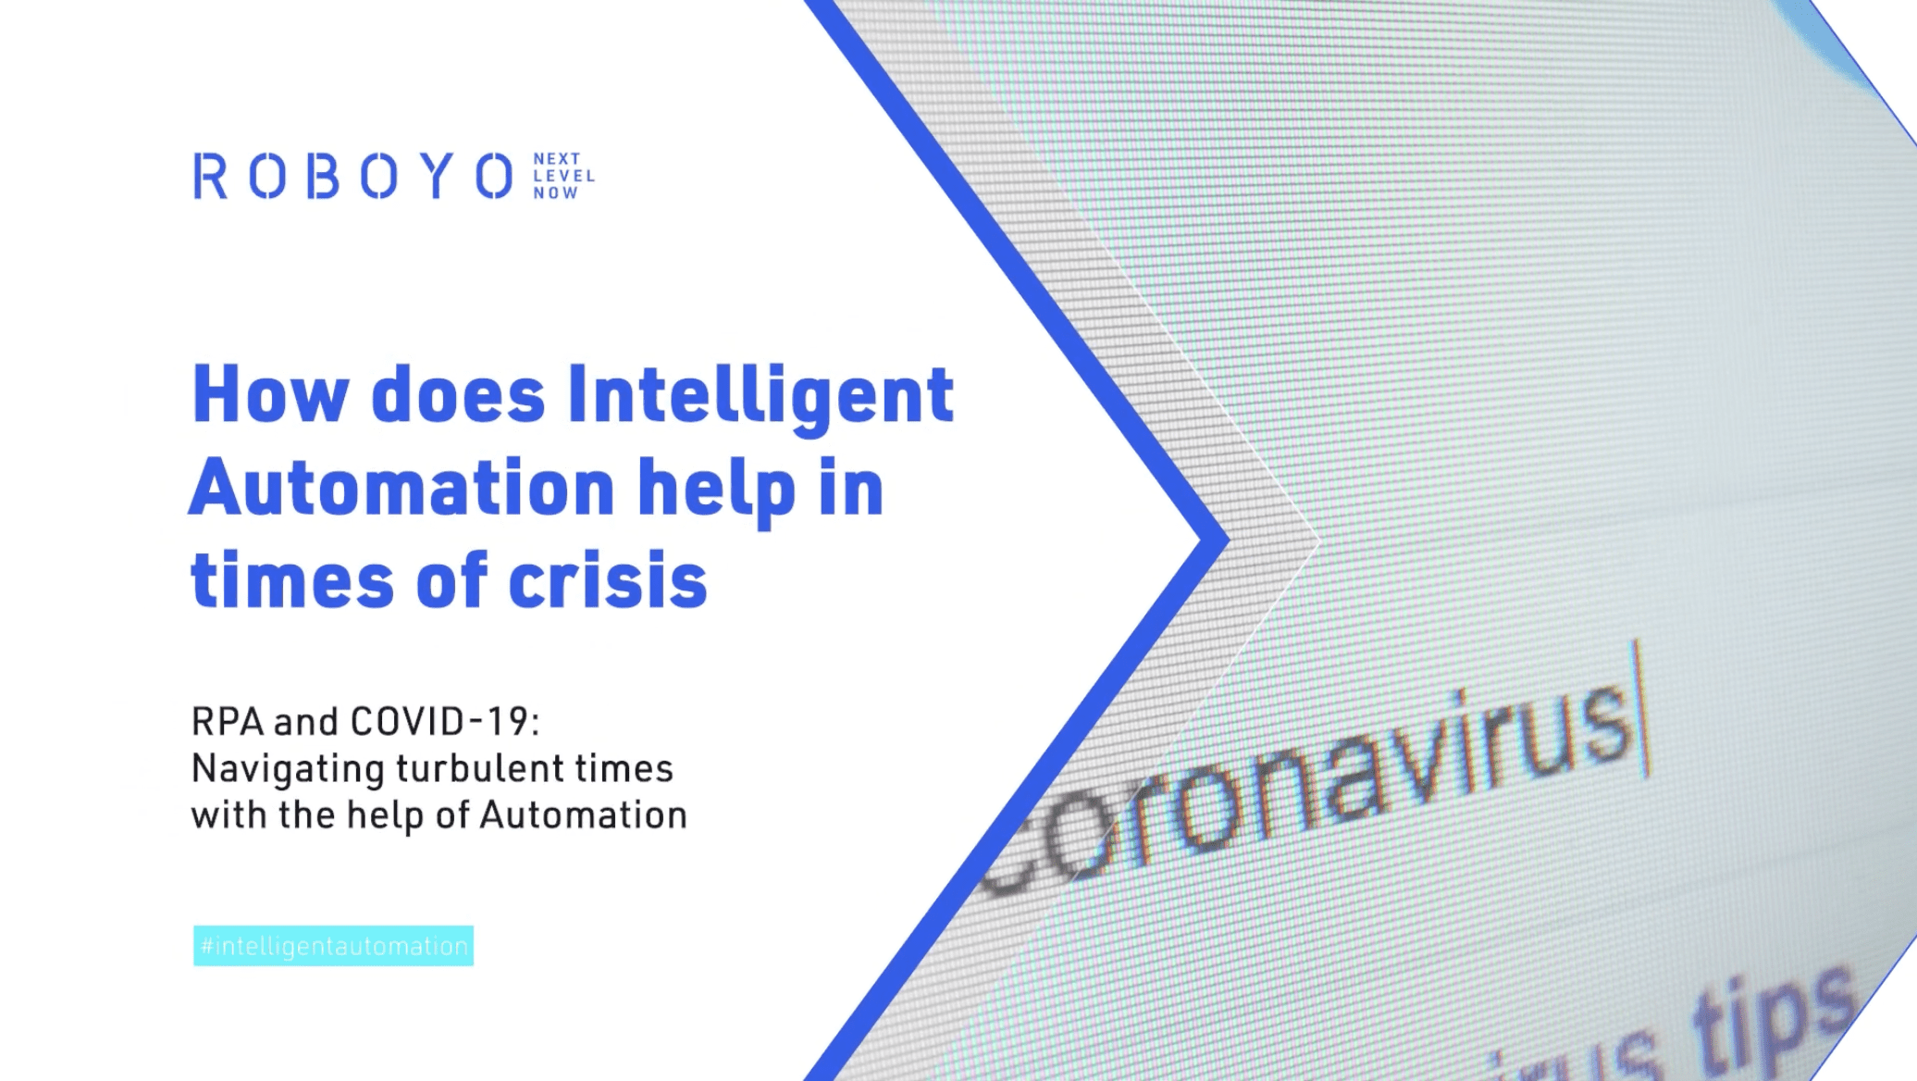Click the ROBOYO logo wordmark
click(x=352, y=176)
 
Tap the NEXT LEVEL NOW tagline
click(x=563, y=176)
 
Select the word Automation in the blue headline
click(x=402, y=489)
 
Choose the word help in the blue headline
click(x=716, y=491)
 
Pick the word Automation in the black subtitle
click(x=583, y=815)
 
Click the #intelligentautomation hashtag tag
click(x=333, y=946)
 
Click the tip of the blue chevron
click(x=1223, y=540)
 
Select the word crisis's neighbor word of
click(x=451, y=581)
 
